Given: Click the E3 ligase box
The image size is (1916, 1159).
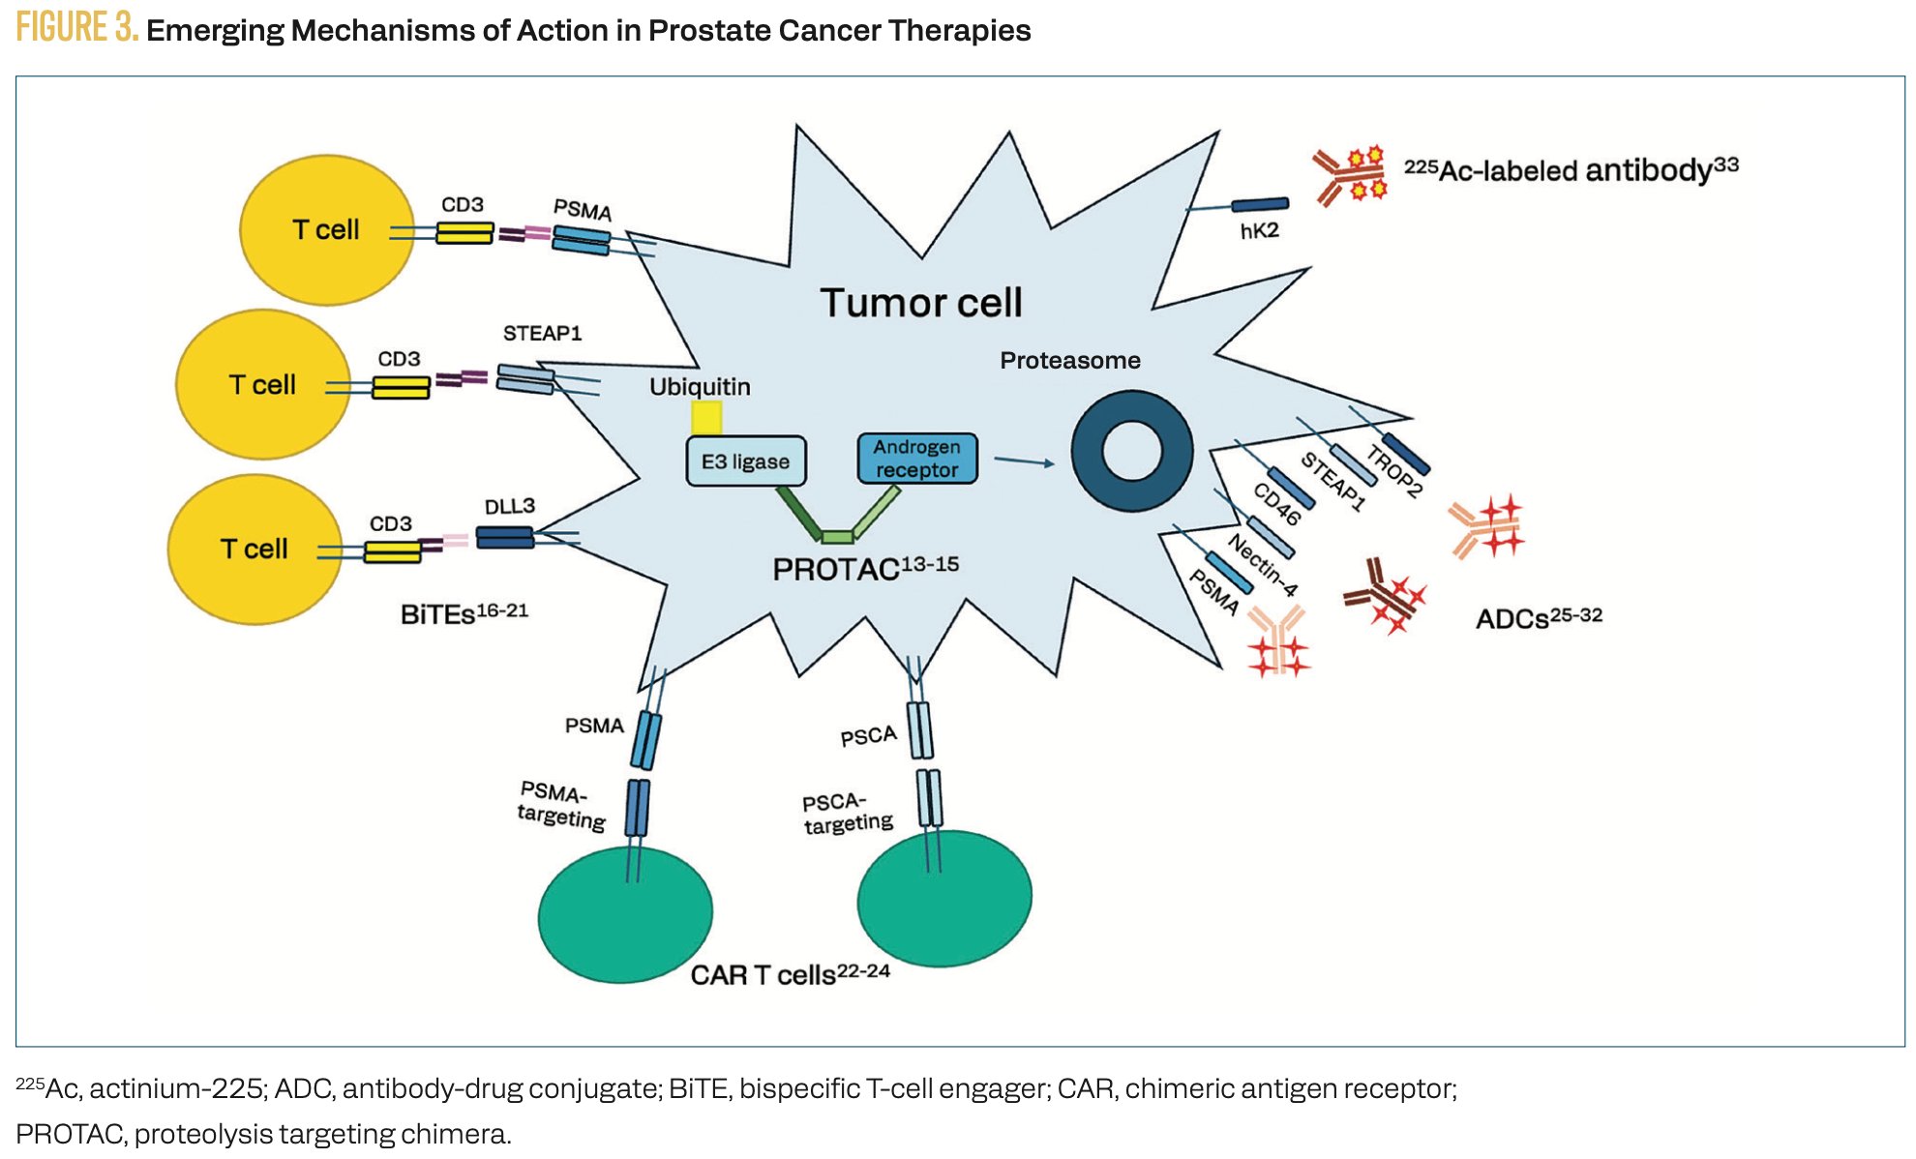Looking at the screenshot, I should (745, 461).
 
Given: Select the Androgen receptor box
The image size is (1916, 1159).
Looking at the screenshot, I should (916, 459).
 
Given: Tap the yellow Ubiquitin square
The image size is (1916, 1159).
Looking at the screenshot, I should (706, 418).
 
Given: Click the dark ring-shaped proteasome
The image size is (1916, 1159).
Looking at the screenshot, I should (1131, 451).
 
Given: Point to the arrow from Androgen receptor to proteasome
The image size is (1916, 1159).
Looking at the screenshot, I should (1024, 461).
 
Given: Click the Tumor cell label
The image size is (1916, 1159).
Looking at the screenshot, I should (920, 303).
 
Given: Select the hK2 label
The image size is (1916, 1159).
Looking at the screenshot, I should (1259, 231).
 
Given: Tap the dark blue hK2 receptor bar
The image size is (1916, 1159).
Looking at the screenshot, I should (1259, 204).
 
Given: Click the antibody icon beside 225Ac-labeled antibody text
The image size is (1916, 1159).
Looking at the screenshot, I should (1349, 176).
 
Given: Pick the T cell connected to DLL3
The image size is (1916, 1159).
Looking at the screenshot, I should (254, 549).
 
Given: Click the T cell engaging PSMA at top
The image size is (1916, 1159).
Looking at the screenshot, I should (326, 230).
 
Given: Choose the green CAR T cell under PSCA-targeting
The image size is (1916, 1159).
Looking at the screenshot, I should (943, 898).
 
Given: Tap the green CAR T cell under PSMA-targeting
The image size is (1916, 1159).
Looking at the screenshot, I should (625, 914).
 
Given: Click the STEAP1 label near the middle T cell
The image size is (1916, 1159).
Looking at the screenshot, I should (542, 334).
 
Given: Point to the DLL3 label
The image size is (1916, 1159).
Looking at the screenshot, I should (509, 506).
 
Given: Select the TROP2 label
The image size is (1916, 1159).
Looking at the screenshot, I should (1394, 470).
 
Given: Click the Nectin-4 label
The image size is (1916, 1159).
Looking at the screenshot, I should (1263, 565).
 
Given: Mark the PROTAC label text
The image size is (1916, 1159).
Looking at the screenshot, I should (836, 570).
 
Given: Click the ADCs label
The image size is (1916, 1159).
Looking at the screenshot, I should (1512, 619).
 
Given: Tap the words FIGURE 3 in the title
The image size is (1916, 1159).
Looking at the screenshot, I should (77, 28).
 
